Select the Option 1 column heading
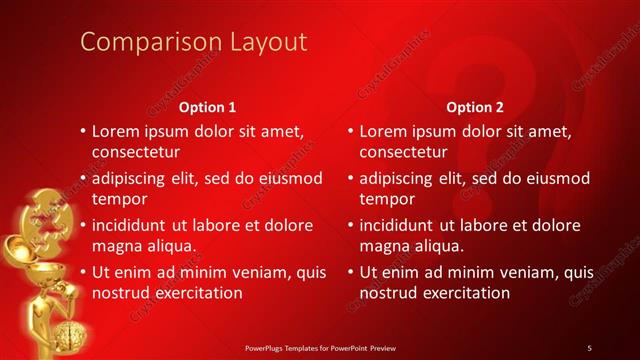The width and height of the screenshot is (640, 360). tap(207, 107)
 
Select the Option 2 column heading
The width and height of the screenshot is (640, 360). tap(469, 107)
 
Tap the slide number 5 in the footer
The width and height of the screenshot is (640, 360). tap(589, 347)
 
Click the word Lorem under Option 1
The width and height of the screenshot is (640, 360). tap(116, 131)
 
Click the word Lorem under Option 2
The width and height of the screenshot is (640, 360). tap(384, 131)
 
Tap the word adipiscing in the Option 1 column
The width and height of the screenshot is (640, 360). tap(133, 178)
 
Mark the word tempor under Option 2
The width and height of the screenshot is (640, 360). tap(386, 200)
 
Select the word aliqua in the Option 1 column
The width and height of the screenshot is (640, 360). tap(170, 247)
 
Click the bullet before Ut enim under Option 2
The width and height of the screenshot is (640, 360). tap(351, 272)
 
